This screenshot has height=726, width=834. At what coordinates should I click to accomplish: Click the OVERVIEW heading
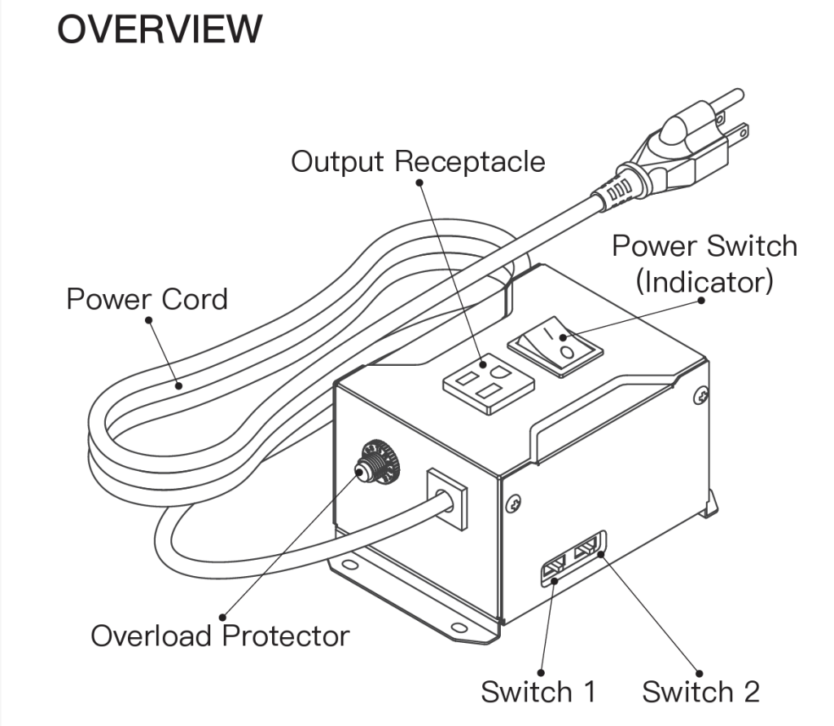click(160, 30)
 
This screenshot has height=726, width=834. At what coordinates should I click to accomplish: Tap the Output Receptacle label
click(418, 161)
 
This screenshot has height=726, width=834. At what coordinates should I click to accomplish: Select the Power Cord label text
click(147, 299)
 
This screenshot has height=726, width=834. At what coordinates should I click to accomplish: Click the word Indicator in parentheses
click(704, 282)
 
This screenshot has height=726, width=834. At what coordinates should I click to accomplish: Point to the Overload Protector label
click(220, 636)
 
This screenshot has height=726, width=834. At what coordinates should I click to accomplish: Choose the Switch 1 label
click(538, 692)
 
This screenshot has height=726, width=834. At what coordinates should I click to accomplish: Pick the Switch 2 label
click(700, 692)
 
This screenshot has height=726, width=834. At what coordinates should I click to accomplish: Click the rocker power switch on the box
click(555, 346)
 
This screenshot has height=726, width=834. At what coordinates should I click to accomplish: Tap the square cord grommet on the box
click(447, 498)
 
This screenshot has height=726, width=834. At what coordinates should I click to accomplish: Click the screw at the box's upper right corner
click(700, 396)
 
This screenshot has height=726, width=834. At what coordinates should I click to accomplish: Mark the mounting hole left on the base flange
click(349, 563)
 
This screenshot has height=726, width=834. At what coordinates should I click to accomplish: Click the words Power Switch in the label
click(704, 245)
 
